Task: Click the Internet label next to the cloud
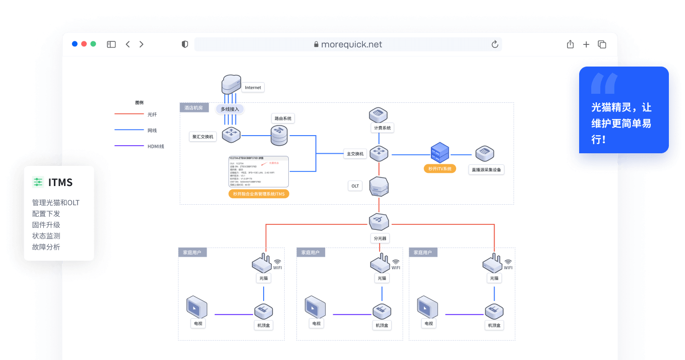[253, 87]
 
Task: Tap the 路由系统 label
[282, 118]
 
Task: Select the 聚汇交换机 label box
[203, 137]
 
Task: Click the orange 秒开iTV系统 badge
[440, 169]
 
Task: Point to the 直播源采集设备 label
[486, 170]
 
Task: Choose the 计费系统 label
[382, 128]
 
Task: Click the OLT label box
[355, 186]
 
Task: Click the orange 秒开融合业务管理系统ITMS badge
[259, 194]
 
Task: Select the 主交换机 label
[355, 154]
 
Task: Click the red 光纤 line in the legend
[129, 114]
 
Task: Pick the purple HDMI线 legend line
[129, 146]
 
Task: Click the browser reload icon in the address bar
[495, 44]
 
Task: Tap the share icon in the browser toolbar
[570, 44]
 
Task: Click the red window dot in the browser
[84, 44]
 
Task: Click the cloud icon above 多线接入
[231, 84]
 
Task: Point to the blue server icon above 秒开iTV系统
[440, 152]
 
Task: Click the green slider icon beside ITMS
[38, 182]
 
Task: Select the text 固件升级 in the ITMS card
[46, 225]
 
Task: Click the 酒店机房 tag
[194, 107]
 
